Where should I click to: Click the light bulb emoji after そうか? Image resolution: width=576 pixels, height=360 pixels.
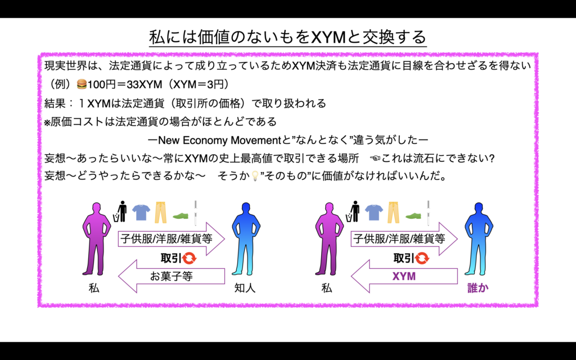(x=254, y=176)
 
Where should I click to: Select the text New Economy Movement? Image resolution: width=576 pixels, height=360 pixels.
(x=222, y=139)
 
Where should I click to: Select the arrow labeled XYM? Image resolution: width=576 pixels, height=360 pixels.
(x=407, y=276)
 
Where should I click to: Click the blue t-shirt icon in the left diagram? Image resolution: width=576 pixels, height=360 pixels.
(x=141, y=212)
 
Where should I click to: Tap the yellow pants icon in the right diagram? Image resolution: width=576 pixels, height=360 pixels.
(x=394, y=211)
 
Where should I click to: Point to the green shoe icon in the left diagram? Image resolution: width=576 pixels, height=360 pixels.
(x=181, y=215)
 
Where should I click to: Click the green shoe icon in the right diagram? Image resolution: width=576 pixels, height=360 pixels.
(x=413, y=215)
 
